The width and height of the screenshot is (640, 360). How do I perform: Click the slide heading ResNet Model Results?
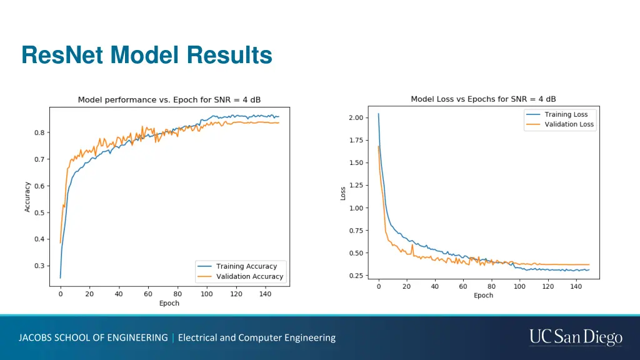pyautogui.click(x=147, y=55)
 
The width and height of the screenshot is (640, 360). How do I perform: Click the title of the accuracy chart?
pyautogui.click(x=169, y=100)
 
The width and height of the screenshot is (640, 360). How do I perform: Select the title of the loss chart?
pyautogui.click(x=483, y=99)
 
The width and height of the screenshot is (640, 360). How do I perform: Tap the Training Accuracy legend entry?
pyautogui.click(x=246, y=266)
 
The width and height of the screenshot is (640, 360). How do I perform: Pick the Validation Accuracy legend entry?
pyautogui.click(x=249, y=276)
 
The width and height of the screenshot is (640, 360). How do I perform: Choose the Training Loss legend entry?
pyautogui.click(x=566, y=114)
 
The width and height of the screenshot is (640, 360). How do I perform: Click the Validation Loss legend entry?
pyautogui.click(x=569, y=124)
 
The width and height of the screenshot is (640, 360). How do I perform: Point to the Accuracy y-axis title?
pyautogui.click(x=27, y=197)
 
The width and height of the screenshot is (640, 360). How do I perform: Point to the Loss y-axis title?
pyautogui.click(x=342, y=194)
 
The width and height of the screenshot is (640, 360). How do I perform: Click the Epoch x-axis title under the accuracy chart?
pyautogui.click(x=169, y=303)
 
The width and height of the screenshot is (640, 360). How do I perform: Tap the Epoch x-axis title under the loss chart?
pyautogui.click(x=483, y=295)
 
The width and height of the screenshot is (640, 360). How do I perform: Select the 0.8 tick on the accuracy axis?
pyautogui.click(x=39, y=132)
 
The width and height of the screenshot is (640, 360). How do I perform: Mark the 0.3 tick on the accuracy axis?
pyautogui.click(x=39, y=266)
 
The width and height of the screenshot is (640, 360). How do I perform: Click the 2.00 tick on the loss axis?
pyautogui.click(x=356, y=117)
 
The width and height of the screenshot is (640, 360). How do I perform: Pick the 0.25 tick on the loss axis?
pyautogui.click(x=356, y=276)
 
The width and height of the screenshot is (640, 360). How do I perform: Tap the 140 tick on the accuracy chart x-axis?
pyautogui.click(x=265, y=294)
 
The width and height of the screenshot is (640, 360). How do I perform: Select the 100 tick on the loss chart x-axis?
pyautogui.click(x=519, y=286)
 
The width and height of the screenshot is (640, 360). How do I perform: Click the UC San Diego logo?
pyautogui.click(x=576, y=337)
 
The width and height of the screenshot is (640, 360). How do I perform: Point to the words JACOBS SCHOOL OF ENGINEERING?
pyautogui.click(x=93, y=337)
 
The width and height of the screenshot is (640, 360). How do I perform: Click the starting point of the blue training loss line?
pyautogui.click(x=378, y=114)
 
